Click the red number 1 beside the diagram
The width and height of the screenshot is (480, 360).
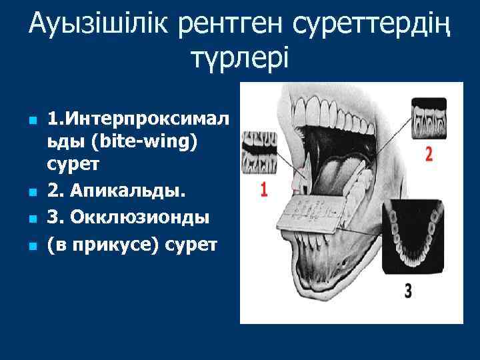pos(264,189)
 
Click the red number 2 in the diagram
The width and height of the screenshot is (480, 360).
pos(429,154)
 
